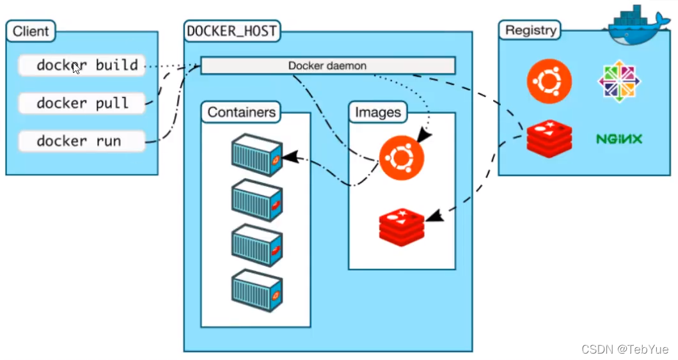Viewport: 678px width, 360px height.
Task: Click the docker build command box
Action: pyautogui.click(x=82, y=65)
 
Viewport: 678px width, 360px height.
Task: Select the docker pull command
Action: pyautogui.click(x=82, y=104)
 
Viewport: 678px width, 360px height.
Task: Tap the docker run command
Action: pyautogui.click(x=82, y=141)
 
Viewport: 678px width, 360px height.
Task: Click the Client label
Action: pyautogui.click(x=31, y=31)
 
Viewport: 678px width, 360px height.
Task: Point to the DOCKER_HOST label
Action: pyautogui.click(x=232, y=31)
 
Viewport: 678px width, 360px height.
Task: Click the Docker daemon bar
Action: pyautogui.click(x=327, y=66)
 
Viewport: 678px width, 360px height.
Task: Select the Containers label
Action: pyautogui.click(x=241, y=113)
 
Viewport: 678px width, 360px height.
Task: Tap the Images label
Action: pyautogui.click(x=378, y=113)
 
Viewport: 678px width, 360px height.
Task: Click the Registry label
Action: pyautogui.click(x=530, y=30)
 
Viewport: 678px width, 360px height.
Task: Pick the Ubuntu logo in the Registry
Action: pyautogui.click(x=549, y=81)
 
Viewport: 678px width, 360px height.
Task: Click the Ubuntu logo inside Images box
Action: pyautogui.click(x=401, y=158)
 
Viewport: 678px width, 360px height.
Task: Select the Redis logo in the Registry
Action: pyautogui.click(x=549, y=139)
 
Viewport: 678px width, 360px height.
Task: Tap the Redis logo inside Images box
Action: pyautogui.click(x=401, y=228)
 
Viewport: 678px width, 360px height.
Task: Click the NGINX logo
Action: pyautogui.click(x=619, y=139)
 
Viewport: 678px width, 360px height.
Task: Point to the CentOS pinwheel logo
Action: pyautogui.click(x=619, y=81)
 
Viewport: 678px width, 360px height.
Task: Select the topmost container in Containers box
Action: pyautogui.click(x=257, y=155)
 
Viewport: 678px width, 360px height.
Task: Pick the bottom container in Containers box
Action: pyautogui.click(x=257, y=290)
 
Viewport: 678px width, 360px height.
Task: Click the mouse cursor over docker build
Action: pyautogui.click(x=77, y=68)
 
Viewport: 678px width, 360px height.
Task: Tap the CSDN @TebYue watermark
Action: pyautogui.click(x=626, y=349)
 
